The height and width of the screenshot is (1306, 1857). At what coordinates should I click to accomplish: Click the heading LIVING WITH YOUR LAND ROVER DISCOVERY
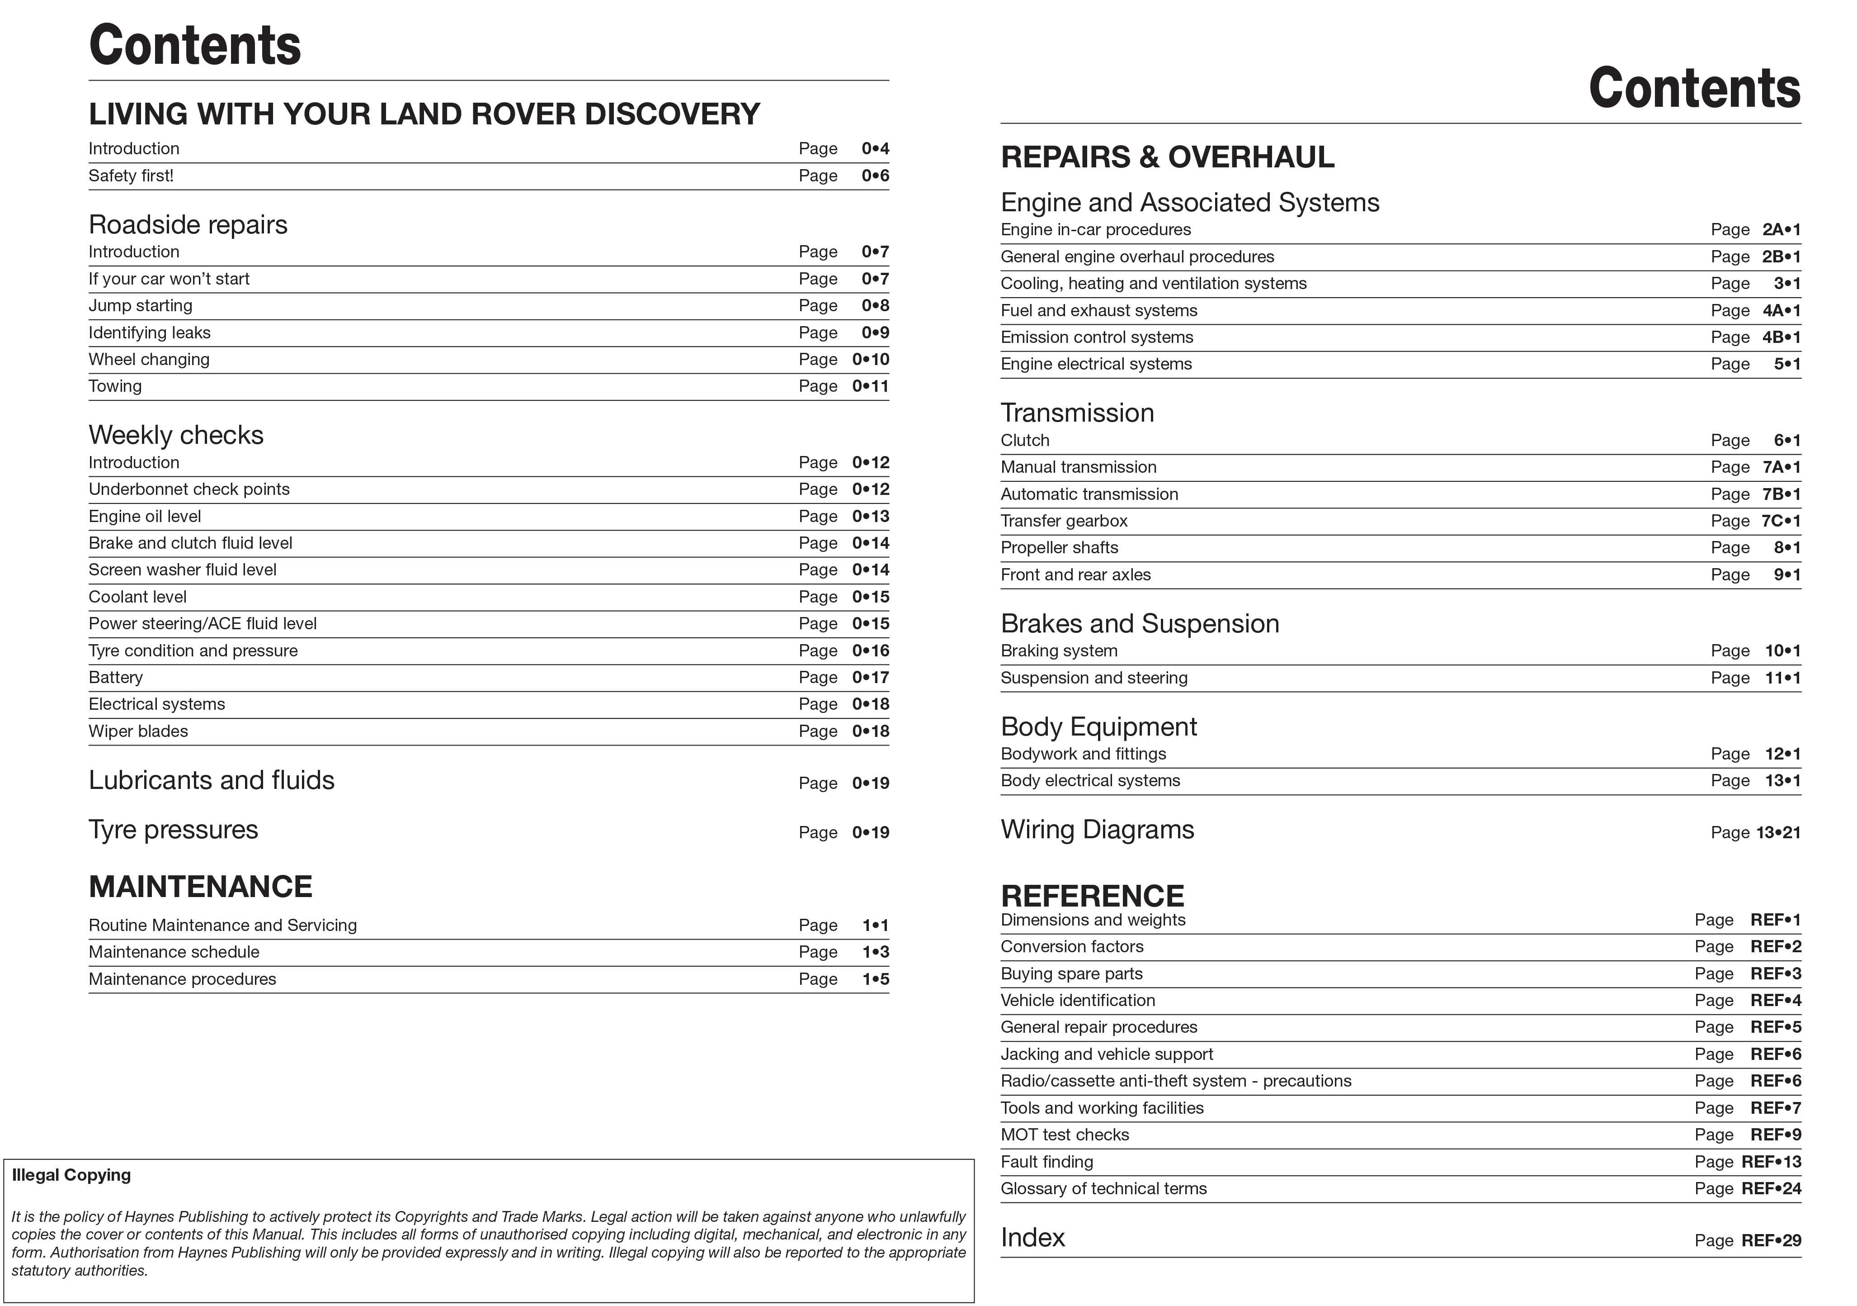point(424,114)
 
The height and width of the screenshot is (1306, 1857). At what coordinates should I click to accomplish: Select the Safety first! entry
point(131,176)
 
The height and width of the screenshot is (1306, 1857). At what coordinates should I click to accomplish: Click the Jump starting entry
point(141,306)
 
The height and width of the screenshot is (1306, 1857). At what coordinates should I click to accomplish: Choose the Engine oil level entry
point(145,516)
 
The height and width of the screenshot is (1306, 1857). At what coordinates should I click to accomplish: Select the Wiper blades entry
point(138,731)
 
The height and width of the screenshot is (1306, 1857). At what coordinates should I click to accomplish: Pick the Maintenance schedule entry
point(174,952)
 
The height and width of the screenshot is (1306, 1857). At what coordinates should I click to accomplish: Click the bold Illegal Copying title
point(71,1175)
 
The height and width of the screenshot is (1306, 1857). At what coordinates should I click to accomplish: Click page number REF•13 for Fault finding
point(1771,1162)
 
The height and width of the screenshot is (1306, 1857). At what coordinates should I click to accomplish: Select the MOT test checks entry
point(1065,1135)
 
